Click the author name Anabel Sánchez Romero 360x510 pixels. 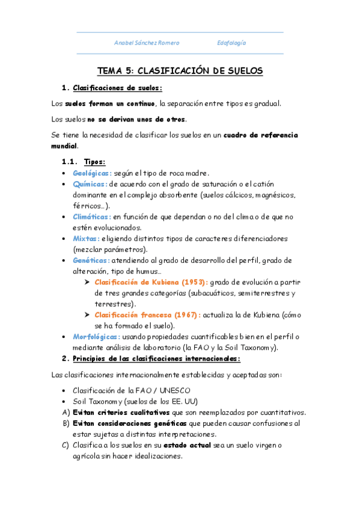[x=147, y=43]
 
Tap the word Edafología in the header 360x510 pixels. [x=231, y=43]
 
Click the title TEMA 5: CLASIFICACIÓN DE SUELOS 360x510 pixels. [x=180, y=71]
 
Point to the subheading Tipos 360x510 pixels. [x=95, y=162]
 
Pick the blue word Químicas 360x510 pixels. [x=90, y=184]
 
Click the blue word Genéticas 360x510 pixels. [x=91, y=260]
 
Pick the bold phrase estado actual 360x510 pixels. [x=192, y=445]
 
